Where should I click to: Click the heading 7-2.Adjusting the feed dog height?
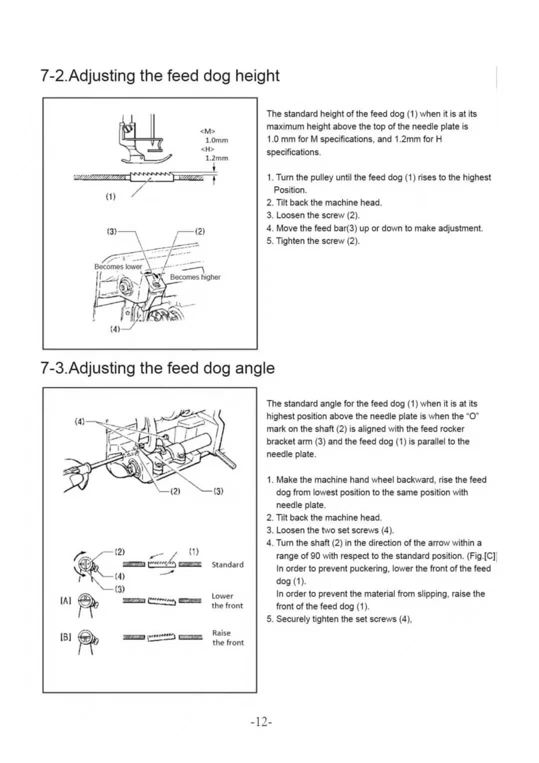(x=159, y=76)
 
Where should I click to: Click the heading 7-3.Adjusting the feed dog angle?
(x=157, y=368)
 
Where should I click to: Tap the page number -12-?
(x=261, y=722)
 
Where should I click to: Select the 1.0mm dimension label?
(x=216, y=140)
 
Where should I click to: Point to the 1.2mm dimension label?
(x=216, y=158)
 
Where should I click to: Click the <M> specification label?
(x=207, y=131)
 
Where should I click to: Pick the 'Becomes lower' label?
(x=118, y=267)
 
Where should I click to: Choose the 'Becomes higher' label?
(x=195, y=277)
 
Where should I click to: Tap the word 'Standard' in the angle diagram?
(x=227, y=565)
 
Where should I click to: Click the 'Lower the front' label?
(x=227, y=601)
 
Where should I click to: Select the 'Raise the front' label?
(x=228, y=638)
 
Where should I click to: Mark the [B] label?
(x=65, y=637)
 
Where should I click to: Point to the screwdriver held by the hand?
(x=95, y=464)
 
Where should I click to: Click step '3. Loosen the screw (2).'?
(x=313, y=215)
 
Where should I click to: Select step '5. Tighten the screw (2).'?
(x=313, y=241)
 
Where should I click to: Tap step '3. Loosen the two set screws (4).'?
(x=330, y=530)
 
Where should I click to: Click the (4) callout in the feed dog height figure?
(x=115, y=329)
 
